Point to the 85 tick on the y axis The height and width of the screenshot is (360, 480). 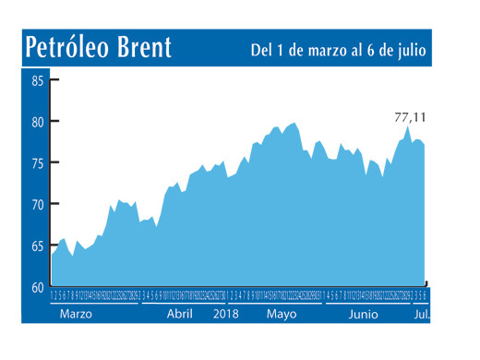[x=37, y=80]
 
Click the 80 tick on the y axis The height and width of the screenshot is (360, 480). [x=37, y=122]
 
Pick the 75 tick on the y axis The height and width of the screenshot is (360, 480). [x=37, y=163]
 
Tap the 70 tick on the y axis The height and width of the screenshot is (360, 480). [x=37, y=205]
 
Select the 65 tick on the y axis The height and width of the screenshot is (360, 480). [x=37, y=246]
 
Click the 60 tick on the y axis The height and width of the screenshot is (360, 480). [x=37, y=287]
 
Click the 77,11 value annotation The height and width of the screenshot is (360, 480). [x=412, y=116]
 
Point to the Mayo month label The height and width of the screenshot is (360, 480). [x=282, y=315]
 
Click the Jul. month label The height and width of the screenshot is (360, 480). [x=422, y=315]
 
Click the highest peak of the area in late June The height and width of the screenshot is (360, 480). [x=407, y=127]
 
